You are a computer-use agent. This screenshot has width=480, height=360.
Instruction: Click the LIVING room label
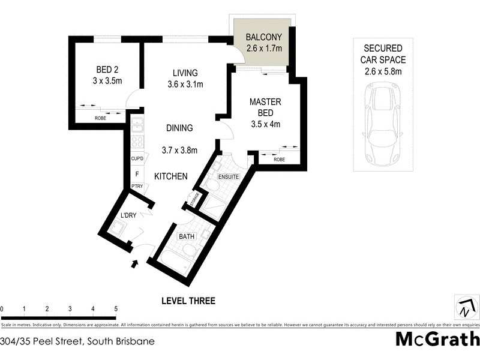(185, 73)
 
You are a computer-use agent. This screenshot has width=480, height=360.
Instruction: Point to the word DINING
(179, 128)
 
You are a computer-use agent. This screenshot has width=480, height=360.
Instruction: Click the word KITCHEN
(171, 176)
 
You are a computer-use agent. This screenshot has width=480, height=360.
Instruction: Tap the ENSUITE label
(229, 177)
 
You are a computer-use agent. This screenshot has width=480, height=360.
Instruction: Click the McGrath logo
(437, 339)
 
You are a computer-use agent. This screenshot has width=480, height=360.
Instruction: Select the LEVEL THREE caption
(188, 301)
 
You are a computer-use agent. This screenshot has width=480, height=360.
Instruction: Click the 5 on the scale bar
(115, 309)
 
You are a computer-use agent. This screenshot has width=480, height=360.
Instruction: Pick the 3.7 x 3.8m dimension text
(180, 150)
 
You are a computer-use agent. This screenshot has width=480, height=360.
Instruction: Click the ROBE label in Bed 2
(100, 118)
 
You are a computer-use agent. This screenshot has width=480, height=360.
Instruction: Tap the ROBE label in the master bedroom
(279, 160)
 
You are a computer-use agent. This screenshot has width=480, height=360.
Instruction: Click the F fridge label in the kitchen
(137, 174)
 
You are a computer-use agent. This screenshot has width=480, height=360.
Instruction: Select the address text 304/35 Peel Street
(77, 341)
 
